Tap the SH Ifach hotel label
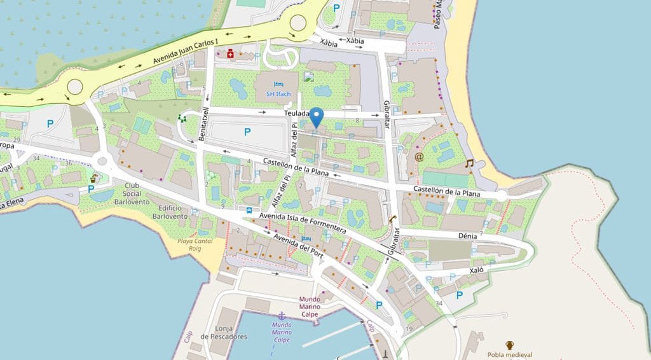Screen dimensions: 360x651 click(278, 94)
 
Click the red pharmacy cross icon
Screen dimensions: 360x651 click(230, 55)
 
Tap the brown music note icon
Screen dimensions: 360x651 click(470, 163)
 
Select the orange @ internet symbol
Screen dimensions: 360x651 click(419, 156)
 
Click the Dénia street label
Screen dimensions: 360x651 click(467, 235)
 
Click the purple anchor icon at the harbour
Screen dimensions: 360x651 click(281, 315)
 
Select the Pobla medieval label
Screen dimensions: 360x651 click(509, 355)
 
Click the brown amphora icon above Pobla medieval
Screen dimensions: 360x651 click(509, 344)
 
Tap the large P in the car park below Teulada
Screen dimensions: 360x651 click(247, 132)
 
